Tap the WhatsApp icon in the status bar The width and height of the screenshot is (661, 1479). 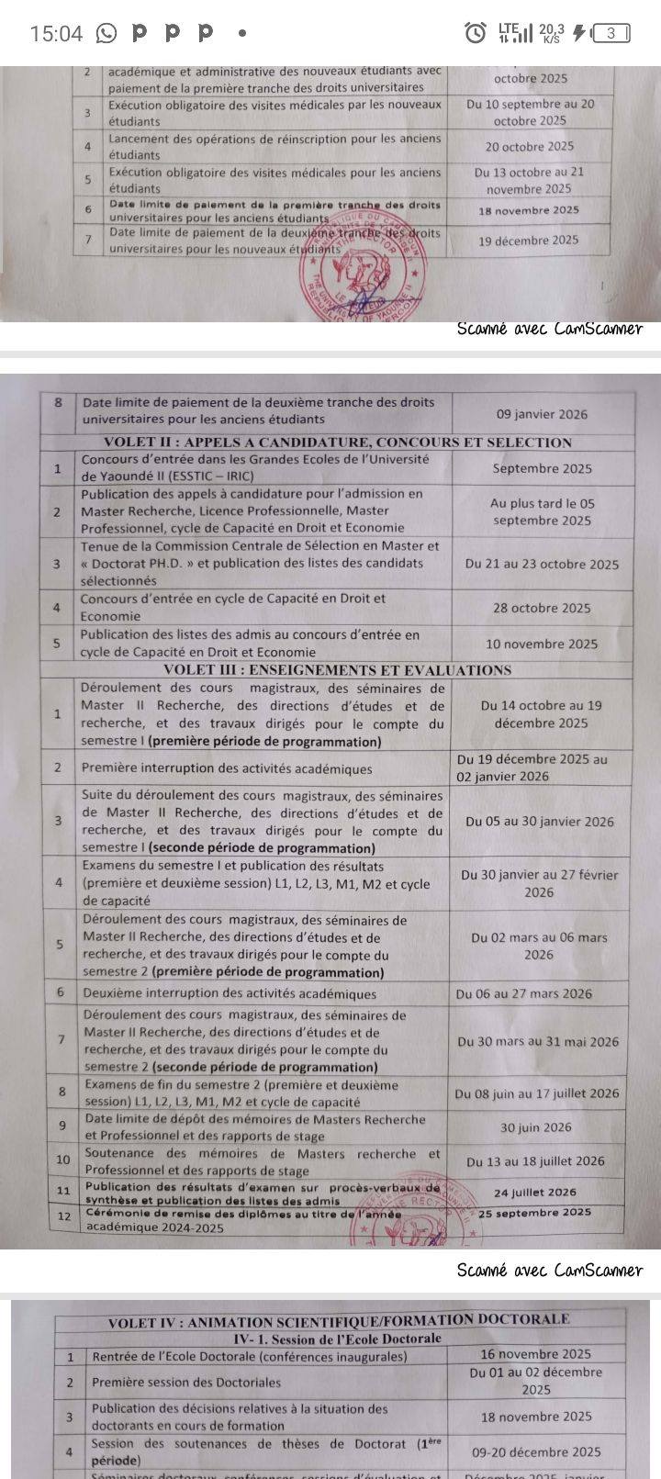[106, 34]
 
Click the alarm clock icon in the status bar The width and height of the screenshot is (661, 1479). [475, 34]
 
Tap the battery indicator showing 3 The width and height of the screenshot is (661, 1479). [611, 34]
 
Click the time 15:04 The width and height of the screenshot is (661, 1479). [56, 34]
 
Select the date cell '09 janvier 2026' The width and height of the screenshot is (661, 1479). [542, 414]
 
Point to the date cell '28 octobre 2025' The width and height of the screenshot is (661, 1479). [542, 608]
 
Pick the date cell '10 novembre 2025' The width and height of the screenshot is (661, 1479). [542, 644]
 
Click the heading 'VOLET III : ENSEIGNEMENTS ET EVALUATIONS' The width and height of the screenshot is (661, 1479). [337, 670]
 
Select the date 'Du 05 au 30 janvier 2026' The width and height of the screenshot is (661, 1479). [540, 822]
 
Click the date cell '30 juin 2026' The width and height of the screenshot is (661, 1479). [535, 1127]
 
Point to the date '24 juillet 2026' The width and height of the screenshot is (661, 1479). [535, 1193]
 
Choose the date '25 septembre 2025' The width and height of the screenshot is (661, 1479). [535, 1212]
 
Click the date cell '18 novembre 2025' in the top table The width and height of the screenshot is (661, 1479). [529, 210]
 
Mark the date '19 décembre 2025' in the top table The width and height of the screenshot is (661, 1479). [529, 241]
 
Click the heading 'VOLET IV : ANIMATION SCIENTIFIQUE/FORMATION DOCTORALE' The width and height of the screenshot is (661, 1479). [339, 1320]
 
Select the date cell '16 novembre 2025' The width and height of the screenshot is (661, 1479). [536, 1353]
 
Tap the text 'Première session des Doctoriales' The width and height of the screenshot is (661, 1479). [186, 1382]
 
